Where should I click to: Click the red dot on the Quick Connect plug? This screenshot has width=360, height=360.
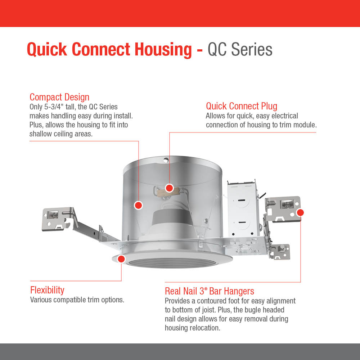coord(169,188)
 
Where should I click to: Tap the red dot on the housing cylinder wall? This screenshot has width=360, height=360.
coord(139,205)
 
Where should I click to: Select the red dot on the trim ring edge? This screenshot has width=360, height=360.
coord(121,259)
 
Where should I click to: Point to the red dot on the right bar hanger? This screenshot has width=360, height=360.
coord(300,213)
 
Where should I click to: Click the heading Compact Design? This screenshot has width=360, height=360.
coord(59,97)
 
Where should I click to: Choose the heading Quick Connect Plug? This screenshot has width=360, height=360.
coord(242,106)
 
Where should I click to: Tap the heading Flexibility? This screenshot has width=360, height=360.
coord(47,290)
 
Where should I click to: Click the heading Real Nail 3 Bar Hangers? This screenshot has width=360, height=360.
coord(210,291)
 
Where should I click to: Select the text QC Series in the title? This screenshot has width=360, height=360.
coord(240,49)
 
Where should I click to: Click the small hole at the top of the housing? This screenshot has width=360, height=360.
coord(166,160)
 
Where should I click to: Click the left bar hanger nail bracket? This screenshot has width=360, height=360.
coord(57,219)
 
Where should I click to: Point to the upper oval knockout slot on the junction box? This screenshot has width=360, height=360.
coord(240,201)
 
